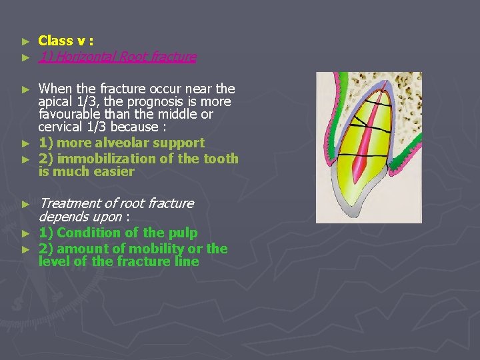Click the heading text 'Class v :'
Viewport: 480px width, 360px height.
65,41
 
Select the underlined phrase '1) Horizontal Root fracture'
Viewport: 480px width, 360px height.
117,57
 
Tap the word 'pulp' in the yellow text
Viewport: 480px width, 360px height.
183,233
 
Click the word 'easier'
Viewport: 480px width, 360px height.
115,171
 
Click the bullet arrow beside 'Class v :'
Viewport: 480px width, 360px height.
25,41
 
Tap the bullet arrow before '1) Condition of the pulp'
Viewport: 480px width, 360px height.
25,233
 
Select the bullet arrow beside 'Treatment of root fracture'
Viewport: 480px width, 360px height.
25,204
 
